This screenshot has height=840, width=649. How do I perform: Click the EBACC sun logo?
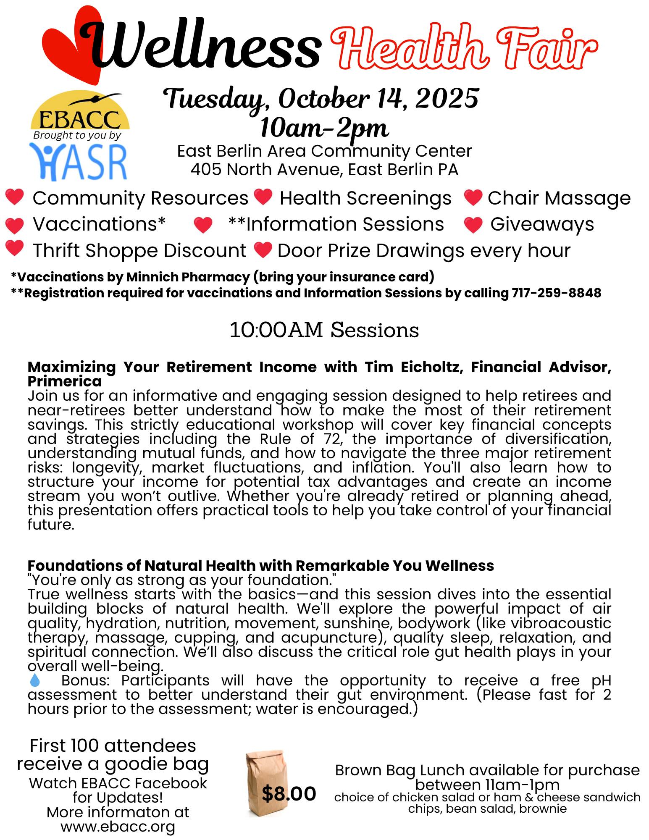80,111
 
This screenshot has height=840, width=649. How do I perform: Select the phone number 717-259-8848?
556,293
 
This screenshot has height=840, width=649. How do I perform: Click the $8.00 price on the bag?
289,793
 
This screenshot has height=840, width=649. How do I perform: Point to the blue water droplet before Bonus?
35,680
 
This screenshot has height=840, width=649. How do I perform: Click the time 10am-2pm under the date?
324,129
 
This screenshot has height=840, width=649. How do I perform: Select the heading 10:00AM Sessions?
324,330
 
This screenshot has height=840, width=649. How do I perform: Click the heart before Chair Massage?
473,198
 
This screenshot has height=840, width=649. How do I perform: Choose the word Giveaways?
542,224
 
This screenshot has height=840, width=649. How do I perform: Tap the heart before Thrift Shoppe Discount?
15,248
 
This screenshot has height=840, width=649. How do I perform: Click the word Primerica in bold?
65,381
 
